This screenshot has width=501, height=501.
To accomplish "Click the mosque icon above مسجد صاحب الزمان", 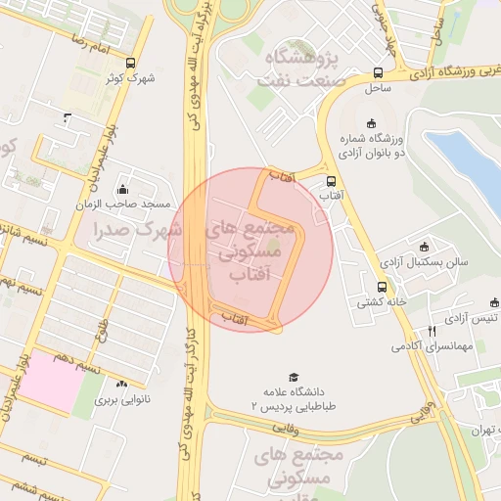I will pyautogui.click(x=122, y=190).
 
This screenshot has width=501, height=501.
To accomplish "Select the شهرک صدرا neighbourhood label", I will pyautogui.click(x=136, y=230).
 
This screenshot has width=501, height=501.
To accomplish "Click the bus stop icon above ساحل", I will pyautogui.click(x=378, y=72).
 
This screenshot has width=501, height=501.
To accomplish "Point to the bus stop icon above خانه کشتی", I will pyautogui.click(x=382, y=288).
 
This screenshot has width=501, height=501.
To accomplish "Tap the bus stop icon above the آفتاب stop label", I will pyautogui.click(x=332, y=181).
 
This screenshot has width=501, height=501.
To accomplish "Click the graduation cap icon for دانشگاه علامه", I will pyautogui.click(x=293, y=377).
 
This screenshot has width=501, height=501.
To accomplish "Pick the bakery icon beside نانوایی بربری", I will pyautogui.click(x=122, y=386).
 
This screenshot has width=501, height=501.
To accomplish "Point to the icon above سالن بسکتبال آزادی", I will pyautogui.click(x=424, y=247).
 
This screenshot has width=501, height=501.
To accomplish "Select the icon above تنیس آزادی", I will pyautogui.click(x=476, y=302).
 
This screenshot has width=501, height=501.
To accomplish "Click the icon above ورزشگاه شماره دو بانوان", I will pyautogui.click(x=370, y=123).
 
